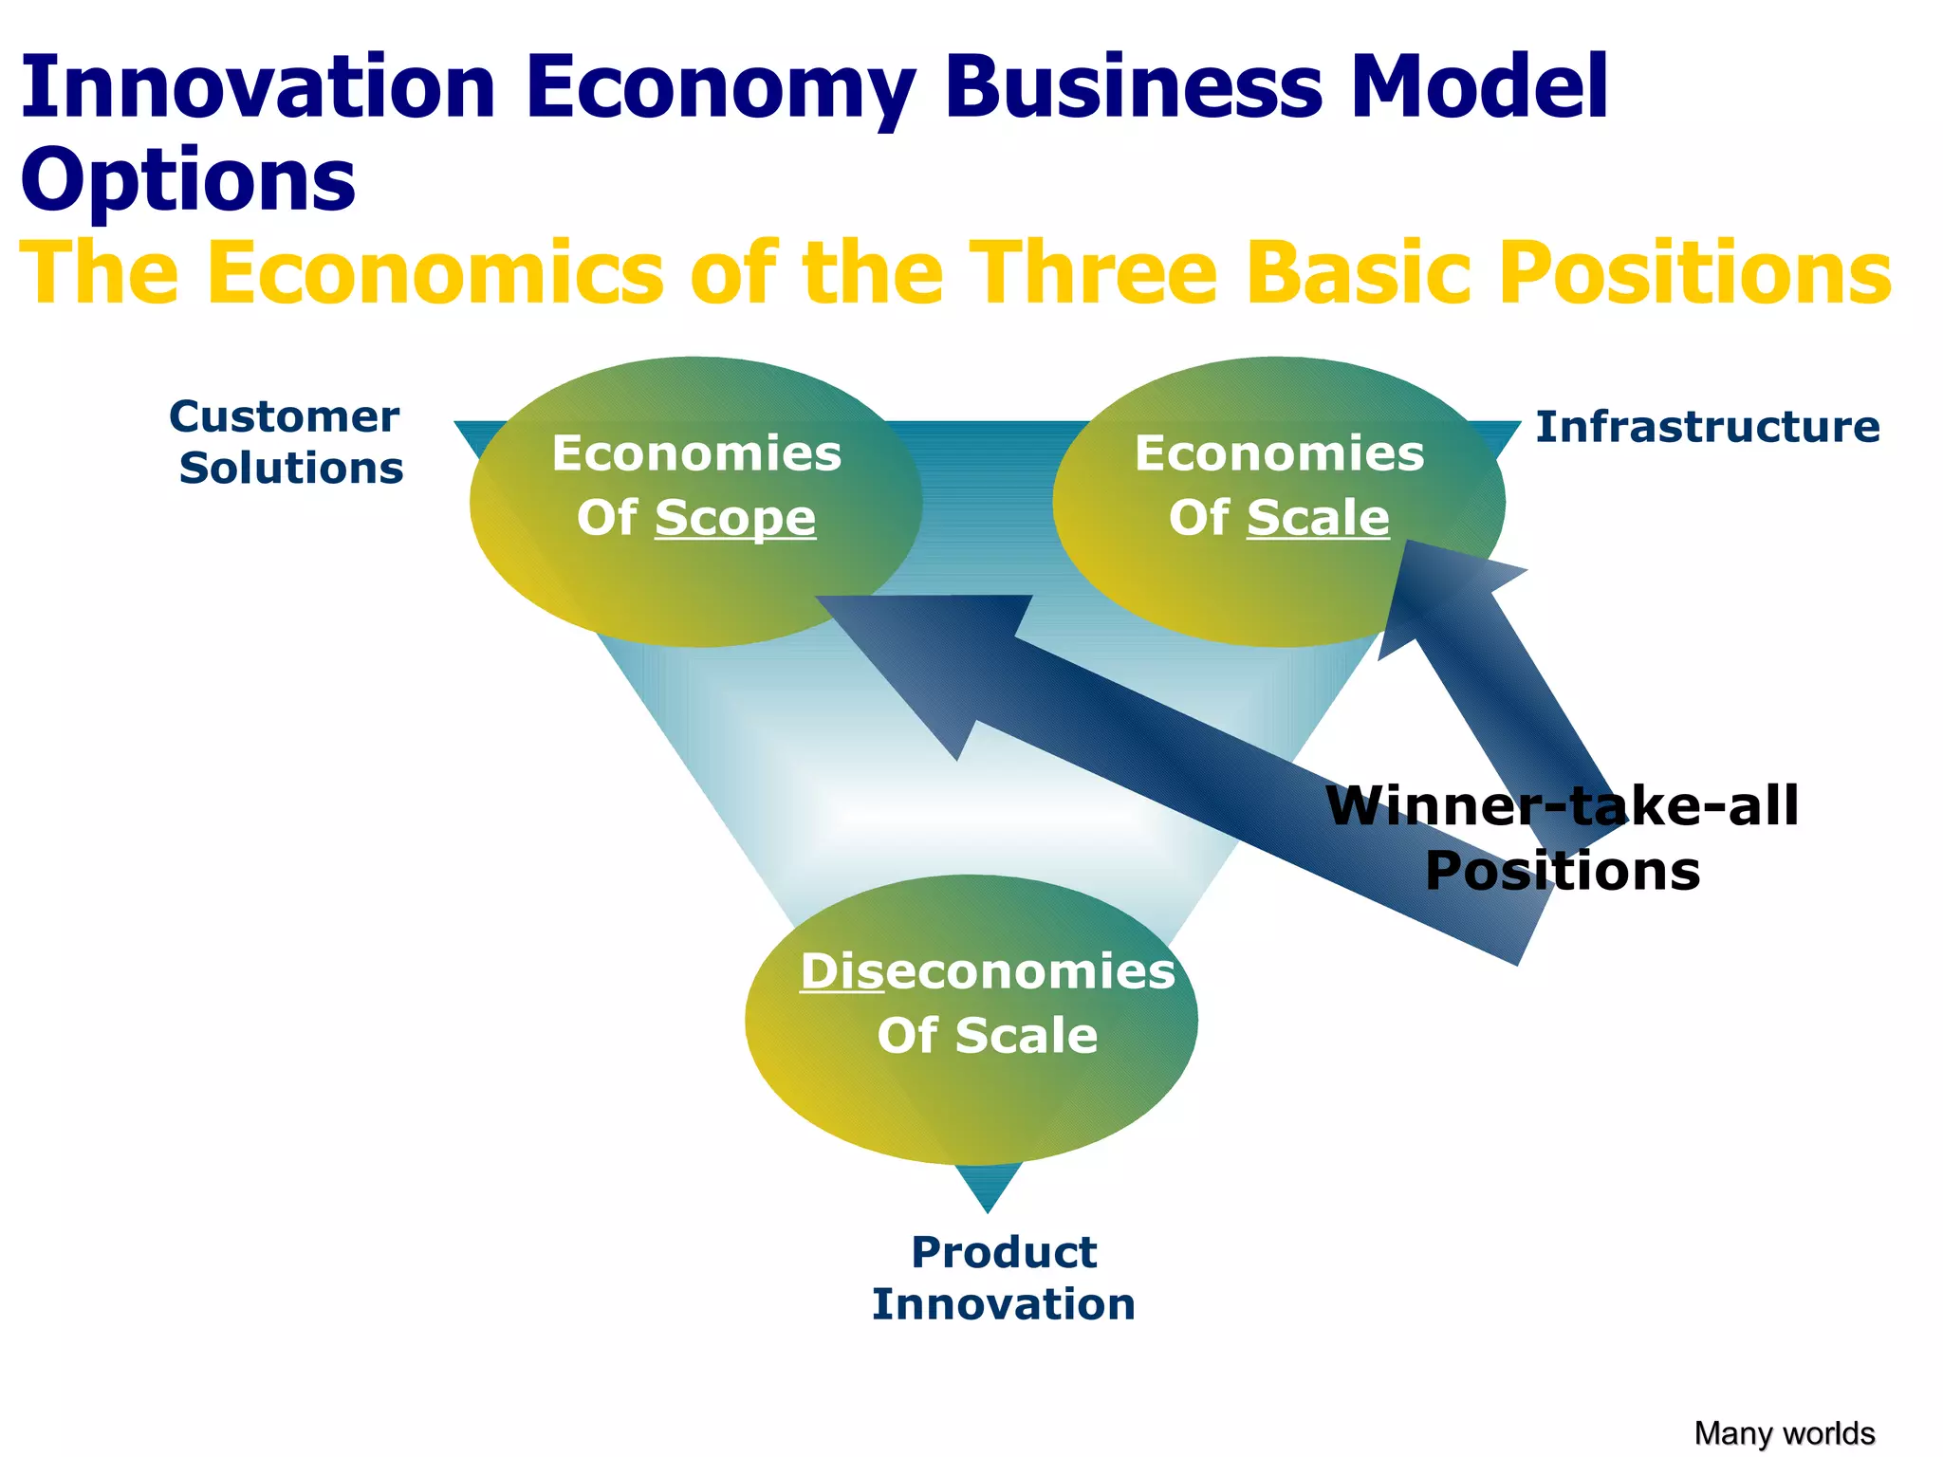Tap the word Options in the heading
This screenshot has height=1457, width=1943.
(188, 180)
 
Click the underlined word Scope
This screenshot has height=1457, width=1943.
(735, 518)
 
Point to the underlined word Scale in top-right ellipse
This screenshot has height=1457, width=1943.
(1318, 518)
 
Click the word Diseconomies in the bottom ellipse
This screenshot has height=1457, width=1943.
(987, 971)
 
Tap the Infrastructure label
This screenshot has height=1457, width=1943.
(1707, 427)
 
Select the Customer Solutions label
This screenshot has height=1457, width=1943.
(287, 442)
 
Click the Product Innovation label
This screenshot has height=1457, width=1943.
(1004, 1278)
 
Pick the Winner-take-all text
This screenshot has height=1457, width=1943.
(1562, 806)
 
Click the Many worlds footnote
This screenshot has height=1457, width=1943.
(1784, 1432)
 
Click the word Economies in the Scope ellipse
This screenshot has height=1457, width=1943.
(696, 453)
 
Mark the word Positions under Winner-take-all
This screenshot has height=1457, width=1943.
(1562, 871)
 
